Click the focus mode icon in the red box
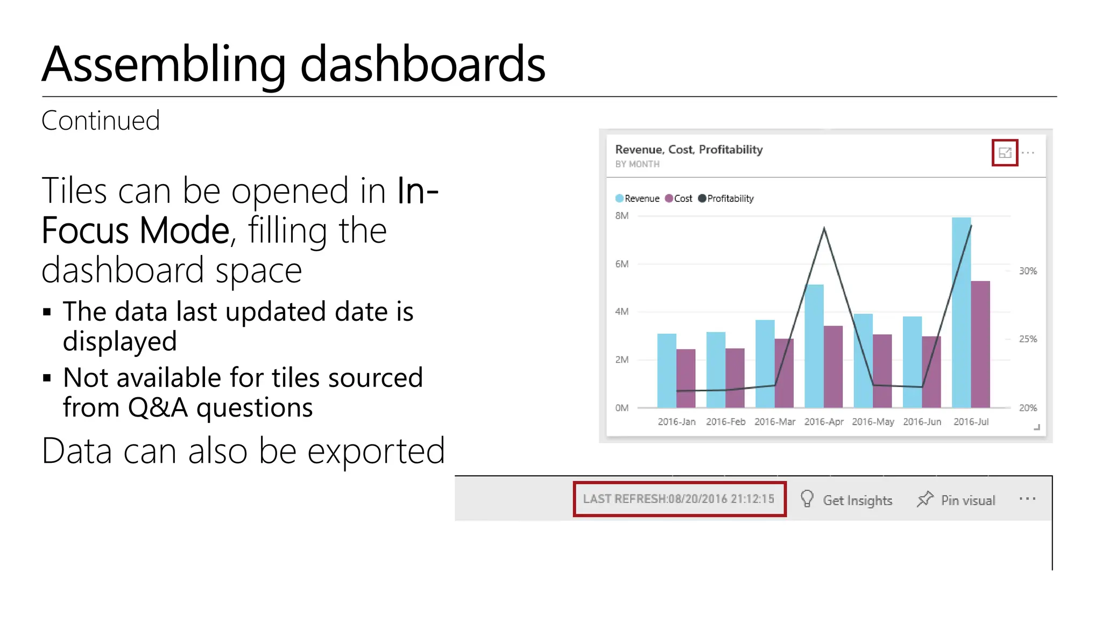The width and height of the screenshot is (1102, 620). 1005,153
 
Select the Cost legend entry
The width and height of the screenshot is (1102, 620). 679,199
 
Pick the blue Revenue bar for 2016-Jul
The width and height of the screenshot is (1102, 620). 961,312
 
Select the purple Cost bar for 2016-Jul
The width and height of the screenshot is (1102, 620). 980,344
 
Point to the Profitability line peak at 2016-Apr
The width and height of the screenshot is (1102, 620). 824,229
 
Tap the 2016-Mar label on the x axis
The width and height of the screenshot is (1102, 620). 774,422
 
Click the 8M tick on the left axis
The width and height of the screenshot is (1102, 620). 621,216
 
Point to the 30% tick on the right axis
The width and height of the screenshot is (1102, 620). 1028,271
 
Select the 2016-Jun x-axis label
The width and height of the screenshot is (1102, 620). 922,422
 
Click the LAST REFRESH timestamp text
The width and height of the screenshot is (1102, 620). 679,499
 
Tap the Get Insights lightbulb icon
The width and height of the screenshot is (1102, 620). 807,499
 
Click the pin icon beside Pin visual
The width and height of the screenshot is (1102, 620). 924,499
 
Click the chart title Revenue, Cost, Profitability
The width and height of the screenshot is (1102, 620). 689,150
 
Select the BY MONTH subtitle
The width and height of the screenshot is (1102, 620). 637,164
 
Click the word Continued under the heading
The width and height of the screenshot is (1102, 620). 101,121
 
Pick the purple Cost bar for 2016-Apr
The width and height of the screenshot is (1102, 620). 833,367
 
